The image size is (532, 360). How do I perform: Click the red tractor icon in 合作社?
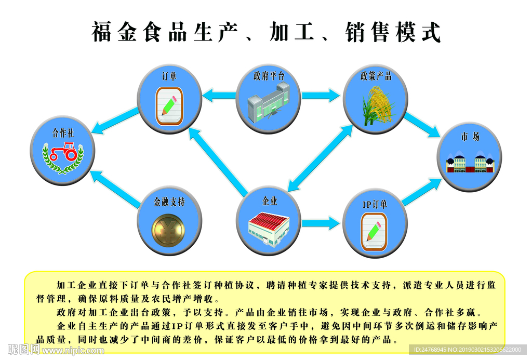[63, 152]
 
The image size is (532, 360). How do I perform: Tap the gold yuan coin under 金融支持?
[168, 231]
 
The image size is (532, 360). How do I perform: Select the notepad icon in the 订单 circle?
[169, 106]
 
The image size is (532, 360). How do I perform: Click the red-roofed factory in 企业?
[268, 226]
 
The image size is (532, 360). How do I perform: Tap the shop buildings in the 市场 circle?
[470, 162]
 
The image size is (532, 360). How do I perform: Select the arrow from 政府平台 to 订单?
[219, 96]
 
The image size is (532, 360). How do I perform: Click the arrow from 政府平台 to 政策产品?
[321, 96]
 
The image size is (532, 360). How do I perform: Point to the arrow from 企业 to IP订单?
[321, 223]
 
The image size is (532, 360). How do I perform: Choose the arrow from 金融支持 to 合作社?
[116, 189]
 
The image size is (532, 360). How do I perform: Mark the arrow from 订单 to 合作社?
[116, 120]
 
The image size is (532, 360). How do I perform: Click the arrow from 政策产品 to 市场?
[422, 125]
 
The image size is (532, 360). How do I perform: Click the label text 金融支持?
[169, 202]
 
